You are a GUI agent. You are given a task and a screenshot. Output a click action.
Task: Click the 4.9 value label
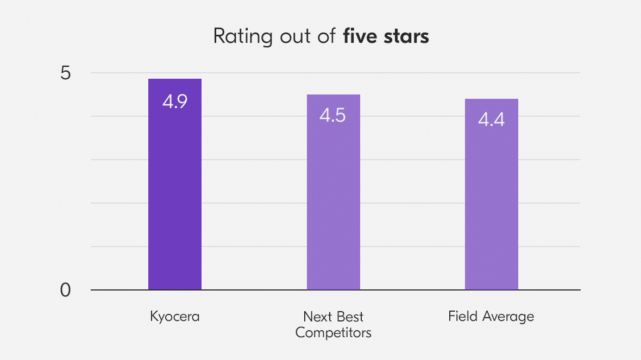coord(175,102)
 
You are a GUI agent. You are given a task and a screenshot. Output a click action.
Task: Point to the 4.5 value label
coord(332,116)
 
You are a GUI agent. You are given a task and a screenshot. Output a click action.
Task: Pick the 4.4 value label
coord(491,119)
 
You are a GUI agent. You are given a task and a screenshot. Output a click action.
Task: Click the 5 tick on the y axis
coord(66,73)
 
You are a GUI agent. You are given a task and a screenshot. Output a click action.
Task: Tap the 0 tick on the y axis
coord(66,291)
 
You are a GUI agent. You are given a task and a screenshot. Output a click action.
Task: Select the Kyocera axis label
coord(175,317)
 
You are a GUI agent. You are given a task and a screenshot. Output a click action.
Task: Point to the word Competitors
coord(334,332)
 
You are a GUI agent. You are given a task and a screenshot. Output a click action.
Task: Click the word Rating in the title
coord(239,36)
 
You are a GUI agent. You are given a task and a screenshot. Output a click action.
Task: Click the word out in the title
coord(293,36)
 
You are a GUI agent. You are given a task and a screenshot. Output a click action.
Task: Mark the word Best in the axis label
coord(349,317)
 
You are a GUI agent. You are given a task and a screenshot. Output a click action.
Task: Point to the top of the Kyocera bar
coord(175,80)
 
